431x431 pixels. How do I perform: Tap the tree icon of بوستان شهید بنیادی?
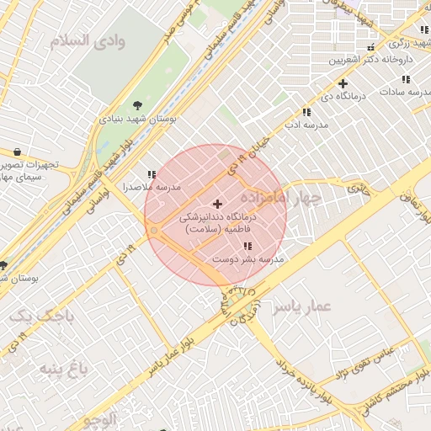(x=137, y=107)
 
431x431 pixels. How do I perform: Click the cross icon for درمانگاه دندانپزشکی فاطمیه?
(x=218, y=204)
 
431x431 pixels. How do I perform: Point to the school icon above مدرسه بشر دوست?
(x=247, y=247)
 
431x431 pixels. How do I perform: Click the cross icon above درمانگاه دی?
(x=343, y=83)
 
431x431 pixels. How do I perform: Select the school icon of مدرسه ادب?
(x=306, y=112)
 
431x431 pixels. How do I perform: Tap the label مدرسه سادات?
(x=405, y=91)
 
